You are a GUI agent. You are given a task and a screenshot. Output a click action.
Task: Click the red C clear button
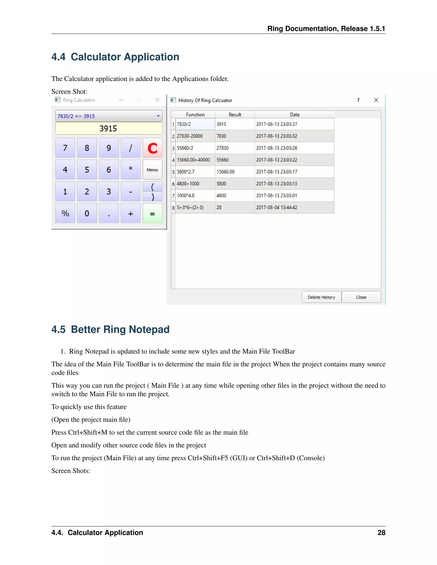pyautogui.click(x=153, y=148)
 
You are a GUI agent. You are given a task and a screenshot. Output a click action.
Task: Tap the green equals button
pyautogui.click(x=153, y=213)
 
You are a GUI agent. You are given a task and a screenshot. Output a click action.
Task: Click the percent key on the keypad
pyautogui.click(x=65, y=213)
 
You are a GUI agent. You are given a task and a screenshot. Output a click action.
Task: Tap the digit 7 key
pyautogui.click(x=65, y=148)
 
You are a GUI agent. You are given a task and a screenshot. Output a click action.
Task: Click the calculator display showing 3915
pyautogui.click(x=109, y=128)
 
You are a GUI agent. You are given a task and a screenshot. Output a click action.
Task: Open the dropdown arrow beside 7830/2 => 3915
pyautogui.click(x=158, y=116)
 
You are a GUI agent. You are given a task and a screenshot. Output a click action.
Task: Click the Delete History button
pyautogui.click(x=321, y=297)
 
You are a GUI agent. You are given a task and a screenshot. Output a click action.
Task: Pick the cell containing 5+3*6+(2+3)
pyautogui.click(x=195, y=207)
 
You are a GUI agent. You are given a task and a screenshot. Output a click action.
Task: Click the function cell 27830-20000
pyautogui.click(x=195, y=136)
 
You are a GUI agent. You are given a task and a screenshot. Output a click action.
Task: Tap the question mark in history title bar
pyautogui.click(x=358, y=100)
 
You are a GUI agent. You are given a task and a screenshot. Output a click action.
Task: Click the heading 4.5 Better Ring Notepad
pyautogui.click(x=110, y=329)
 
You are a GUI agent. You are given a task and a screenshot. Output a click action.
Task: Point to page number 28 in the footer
pyautogui.click(x=381, y=532)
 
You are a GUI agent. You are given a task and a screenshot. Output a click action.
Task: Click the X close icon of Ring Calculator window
pyautogui.click(x=157, y=100)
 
